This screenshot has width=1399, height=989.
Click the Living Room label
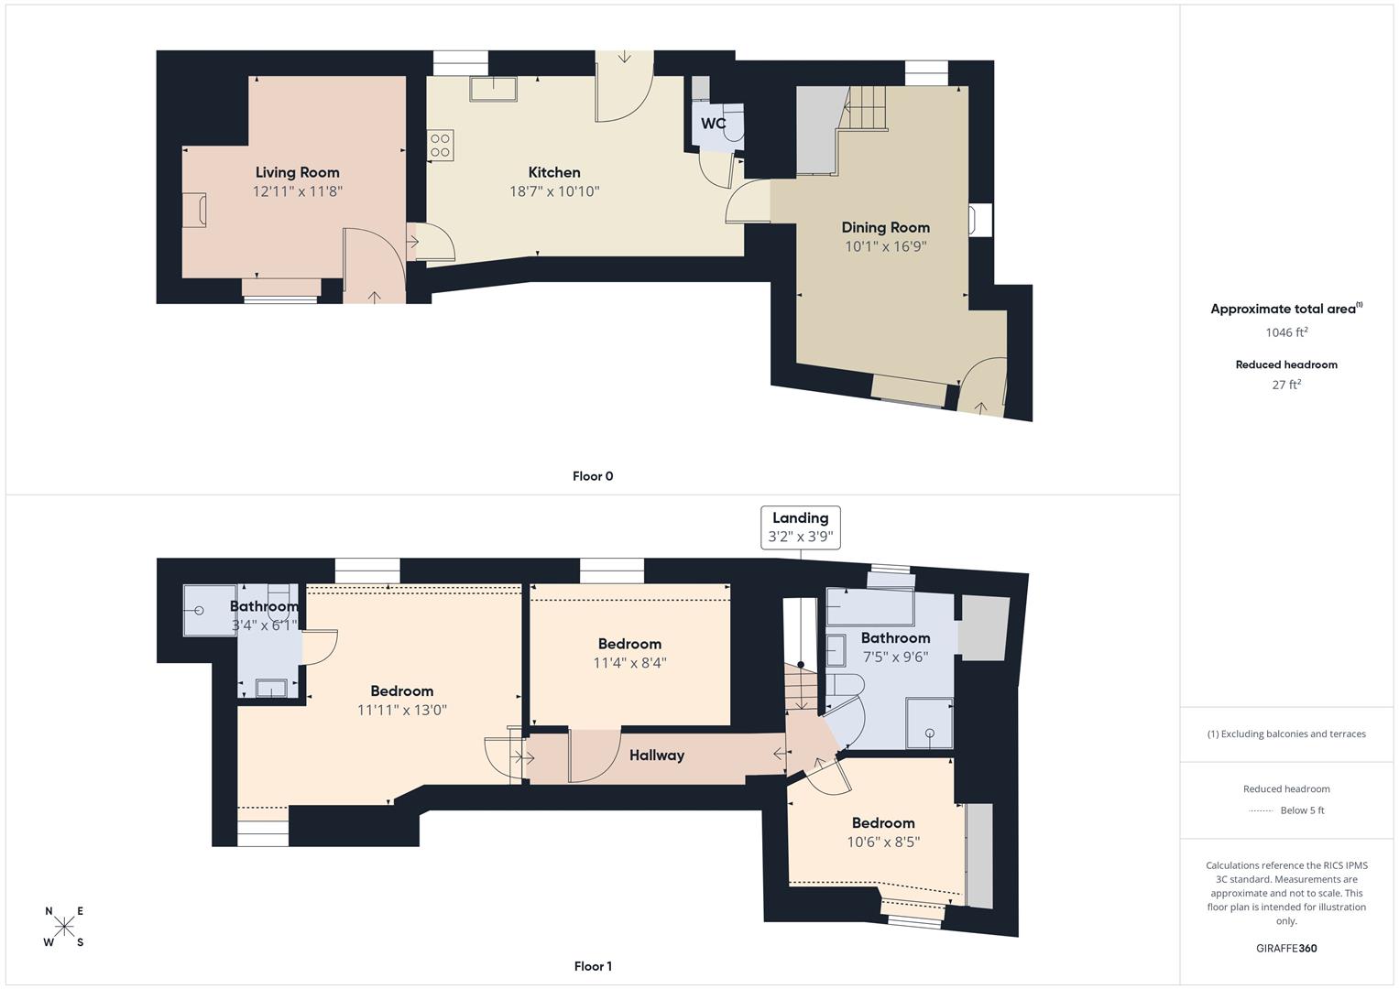297,172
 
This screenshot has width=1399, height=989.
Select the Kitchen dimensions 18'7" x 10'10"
554,191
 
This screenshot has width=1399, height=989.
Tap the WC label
713,124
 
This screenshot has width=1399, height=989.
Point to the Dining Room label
885,227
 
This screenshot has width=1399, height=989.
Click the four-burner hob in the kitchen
440,147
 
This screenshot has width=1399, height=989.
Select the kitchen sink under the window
493,88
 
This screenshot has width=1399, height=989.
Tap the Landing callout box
800,527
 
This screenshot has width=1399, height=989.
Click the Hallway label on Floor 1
656,755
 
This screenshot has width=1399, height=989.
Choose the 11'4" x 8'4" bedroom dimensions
629,663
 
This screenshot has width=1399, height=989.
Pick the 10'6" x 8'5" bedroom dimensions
883,842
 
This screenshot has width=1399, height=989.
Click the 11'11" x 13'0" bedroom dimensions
401,710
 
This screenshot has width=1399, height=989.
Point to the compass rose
64,927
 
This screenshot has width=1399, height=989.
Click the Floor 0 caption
592,476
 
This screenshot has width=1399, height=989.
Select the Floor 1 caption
592,966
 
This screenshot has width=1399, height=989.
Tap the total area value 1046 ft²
1286,332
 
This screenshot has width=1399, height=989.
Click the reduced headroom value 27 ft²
1286,385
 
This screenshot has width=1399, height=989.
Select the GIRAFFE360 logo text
1286,948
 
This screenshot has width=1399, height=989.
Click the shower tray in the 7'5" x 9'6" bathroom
929,723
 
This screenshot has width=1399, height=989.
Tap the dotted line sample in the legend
1261,810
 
